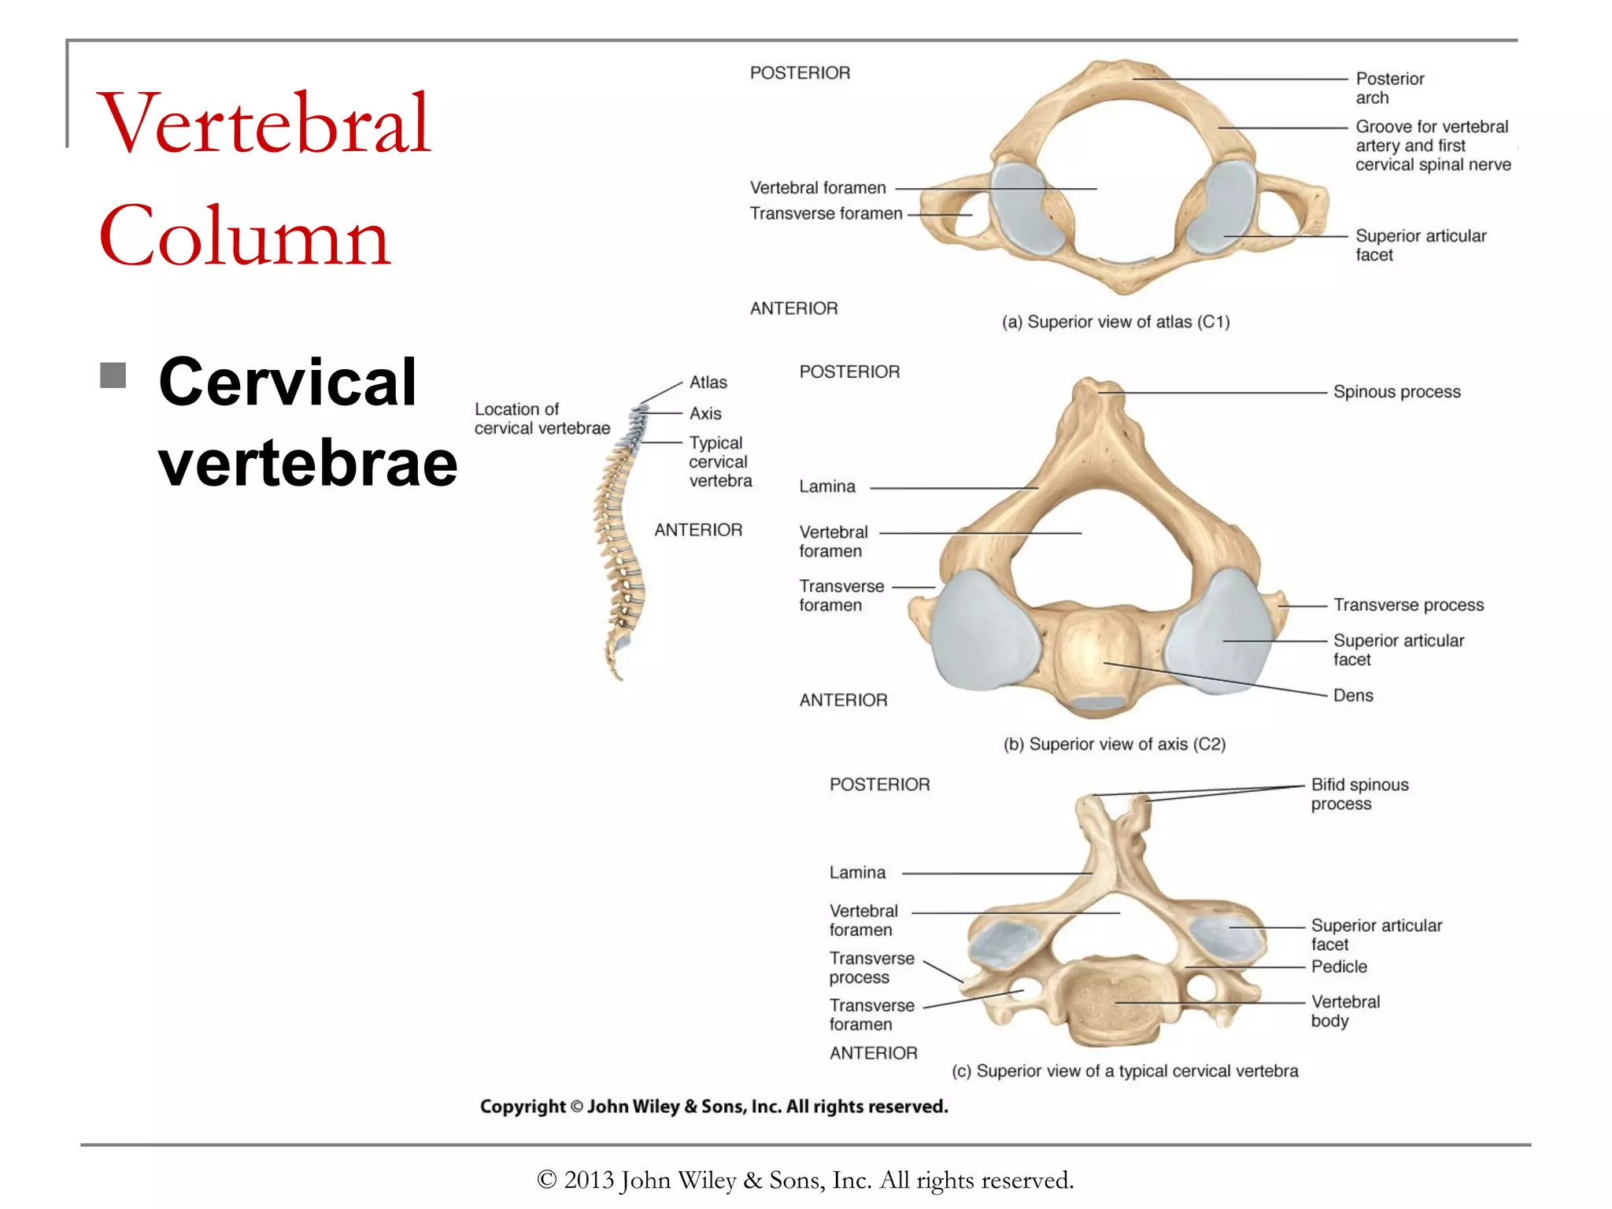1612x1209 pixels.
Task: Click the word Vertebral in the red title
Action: pyautogui.click(x=264, y=124)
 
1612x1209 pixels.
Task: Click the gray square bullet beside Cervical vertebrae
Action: pyautogui.click(x=113, y=375)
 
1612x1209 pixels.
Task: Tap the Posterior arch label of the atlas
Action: pyautogui.click(x=1389, y=88)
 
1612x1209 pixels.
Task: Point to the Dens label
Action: pyautogui.click(x=1353, y=696)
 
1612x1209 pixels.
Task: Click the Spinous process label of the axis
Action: pyautogui.click(x=1396, y=392)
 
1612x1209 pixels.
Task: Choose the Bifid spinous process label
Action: pyautogui.click(x=1359, y=794)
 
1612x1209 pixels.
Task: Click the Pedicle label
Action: pyautogui.click(x=1339, y=967)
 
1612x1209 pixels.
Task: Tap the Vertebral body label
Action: pyautogui.click(x=1345, y=1011)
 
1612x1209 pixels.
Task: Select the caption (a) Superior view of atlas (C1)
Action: pyautogui.click(x=1115, y=322)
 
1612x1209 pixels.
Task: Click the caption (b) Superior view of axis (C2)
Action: pyautogui.click(x=1115, y=745)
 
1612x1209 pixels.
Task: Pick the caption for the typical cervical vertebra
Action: pyautogui.click(x=1125, y=1071)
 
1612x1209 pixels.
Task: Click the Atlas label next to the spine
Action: pyautogui.click(x=708, y=383)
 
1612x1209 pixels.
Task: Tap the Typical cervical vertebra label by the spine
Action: pyautogui.click(x=719, y=462)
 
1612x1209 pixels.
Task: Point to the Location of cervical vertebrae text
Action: pyautogui.click(x=542, y=419)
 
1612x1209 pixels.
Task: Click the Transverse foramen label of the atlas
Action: pyautogui.click(x=826, y=214)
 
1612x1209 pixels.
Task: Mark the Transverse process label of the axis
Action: pyautogui.click(x=1408, y=605)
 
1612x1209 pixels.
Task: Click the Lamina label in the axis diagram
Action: pyautogui.click(x=827, y=487)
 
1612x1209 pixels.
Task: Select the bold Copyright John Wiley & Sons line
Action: pyautogui.click(x=714, y=1107)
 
